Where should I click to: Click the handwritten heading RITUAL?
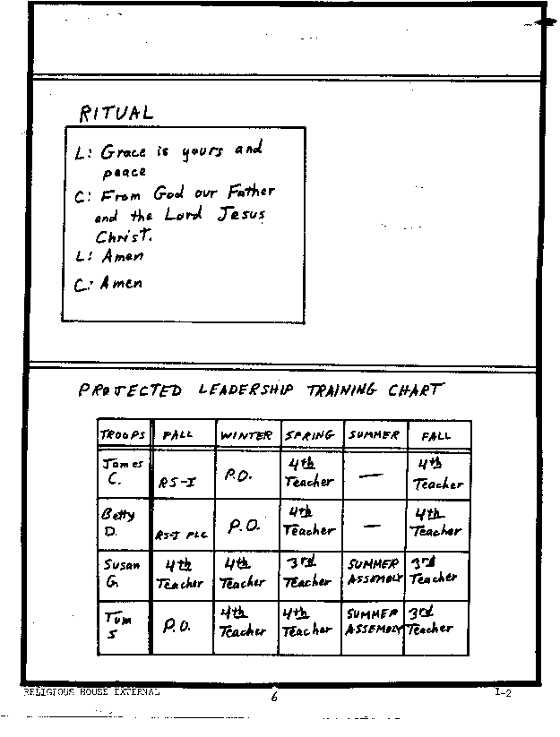[x=116, y=113]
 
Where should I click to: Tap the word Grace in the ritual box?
[x=123, y=152]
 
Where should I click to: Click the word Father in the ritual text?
[x=250, y=192]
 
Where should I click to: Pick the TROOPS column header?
[x=123, y=435]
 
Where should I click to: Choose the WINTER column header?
[x=246, y=435]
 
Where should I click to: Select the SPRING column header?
[x=310, y=435]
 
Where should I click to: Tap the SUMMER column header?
[x=373, y=435]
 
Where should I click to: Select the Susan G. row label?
[x=120, y=573]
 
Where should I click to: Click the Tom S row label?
[x=116, y=626]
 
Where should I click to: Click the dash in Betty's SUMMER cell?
[x=372, y=527]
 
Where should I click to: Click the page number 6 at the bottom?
[x=274, y=698]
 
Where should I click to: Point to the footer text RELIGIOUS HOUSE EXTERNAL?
[x=91, y=692]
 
